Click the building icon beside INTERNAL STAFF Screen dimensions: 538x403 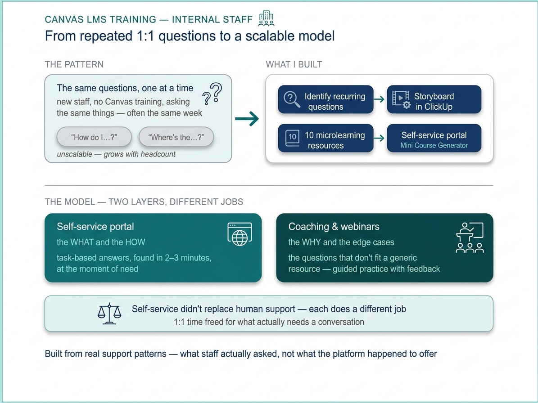(266, 18)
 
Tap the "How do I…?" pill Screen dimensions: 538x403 (94, 137)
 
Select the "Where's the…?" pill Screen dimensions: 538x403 (176, 137)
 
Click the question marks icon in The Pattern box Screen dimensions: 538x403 (212, 94)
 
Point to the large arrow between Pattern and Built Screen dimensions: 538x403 (247, 119)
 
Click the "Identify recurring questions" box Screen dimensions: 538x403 (326, 99)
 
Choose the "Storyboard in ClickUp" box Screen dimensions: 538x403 (434, 99)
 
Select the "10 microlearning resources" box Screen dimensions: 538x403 (326, 138)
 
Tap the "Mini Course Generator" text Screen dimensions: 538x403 (434, 145)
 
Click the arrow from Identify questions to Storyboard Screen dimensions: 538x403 (379, 99)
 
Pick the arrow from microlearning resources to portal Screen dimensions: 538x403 (379, 138)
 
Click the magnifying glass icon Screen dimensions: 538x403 (292, 99)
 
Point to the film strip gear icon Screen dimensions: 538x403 (401, 100)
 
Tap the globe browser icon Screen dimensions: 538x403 (240, 234)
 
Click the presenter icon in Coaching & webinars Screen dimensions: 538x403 (470, 237)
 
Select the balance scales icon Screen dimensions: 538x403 (109, 313)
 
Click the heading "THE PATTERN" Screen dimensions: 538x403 (74, 64)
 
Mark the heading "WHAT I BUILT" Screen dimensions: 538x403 (294, 64)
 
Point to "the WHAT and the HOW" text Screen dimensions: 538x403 (101, 242)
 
